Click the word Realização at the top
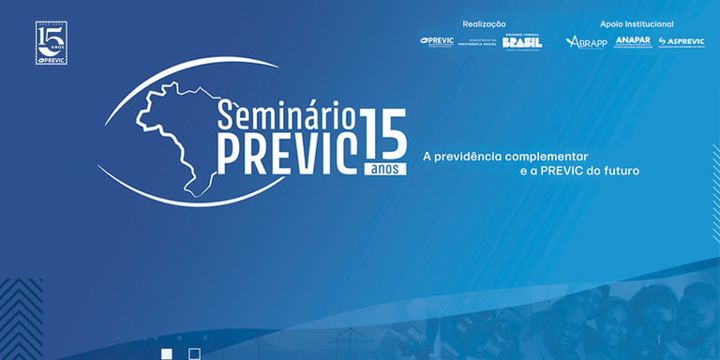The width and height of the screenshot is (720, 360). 484,23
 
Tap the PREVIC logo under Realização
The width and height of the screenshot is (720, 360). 437,41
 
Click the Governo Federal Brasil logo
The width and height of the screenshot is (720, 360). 521,42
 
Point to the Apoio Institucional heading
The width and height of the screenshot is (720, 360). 637,23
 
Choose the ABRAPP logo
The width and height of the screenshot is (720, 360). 586,42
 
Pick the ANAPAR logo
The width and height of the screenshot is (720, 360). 632,42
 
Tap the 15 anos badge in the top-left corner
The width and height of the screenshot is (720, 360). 51,43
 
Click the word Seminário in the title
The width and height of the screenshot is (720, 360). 286,115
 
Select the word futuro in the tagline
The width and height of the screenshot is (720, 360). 633,172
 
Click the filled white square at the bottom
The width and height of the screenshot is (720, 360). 167,353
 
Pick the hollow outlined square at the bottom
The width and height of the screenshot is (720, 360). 194,353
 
